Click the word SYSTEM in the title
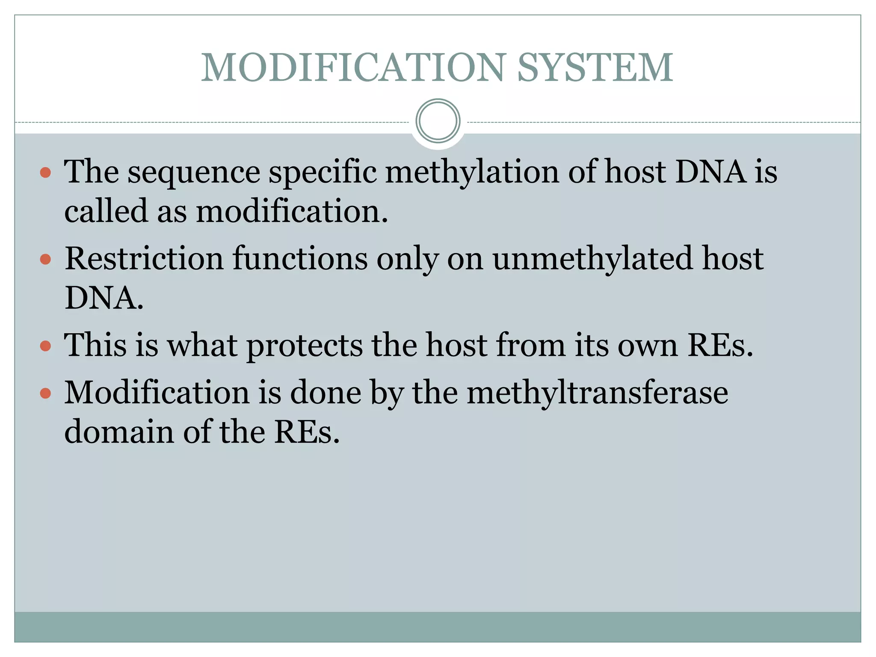click(x=595, y=68)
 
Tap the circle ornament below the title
click(x=438, y=121)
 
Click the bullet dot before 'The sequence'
click(x=45, y=173)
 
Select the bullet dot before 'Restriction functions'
click(x=45, y=260)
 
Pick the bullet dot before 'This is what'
click(x=45, y=346)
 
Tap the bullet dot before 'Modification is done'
click(x=45, y=393)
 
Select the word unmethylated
click(x=592, y=259)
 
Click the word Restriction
click(x=144, y=259)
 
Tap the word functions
click(x=300, y=259)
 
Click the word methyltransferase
click(x=597, y=393)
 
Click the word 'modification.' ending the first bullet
click(x=292, y=212)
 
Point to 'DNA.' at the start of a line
click(x=104, y=298)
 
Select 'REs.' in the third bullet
click(x=720, y=346)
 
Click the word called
click(x=106, y=212)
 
